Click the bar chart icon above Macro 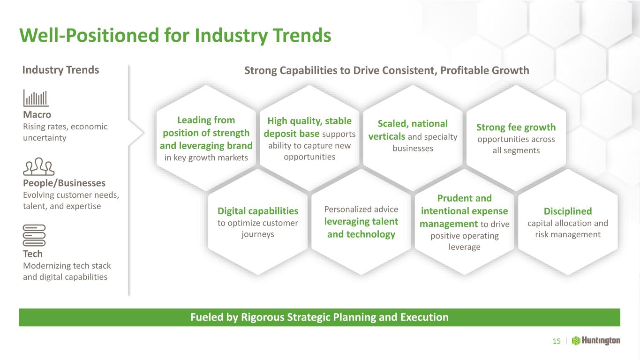coord(36,98)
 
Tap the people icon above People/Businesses coord(38,166)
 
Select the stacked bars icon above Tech coord(34,235)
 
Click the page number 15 coord(557,341)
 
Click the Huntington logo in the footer coord(596,341)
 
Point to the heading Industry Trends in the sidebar coord(60,70)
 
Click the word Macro coord(37,114)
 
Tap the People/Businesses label coord(64,183)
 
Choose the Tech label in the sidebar coord(32,254)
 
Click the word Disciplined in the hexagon coord(568,211)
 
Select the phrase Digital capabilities coord(258,211)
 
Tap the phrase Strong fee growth coord(516,127)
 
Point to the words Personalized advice coord(361,210)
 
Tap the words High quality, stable coord(309,121)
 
